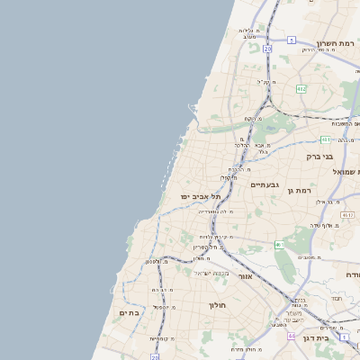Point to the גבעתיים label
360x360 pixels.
click(265, 184)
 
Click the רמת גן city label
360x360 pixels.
click(299, 190)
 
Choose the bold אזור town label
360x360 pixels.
click(245, 276)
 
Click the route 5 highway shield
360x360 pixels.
click(292, 40)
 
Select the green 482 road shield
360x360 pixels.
click(301, 88)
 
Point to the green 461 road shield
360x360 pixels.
click(280, 244)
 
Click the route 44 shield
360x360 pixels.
click(291, 336)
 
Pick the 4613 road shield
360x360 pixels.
click(347, 214)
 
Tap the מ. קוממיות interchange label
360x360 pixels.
click(162, 338)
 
